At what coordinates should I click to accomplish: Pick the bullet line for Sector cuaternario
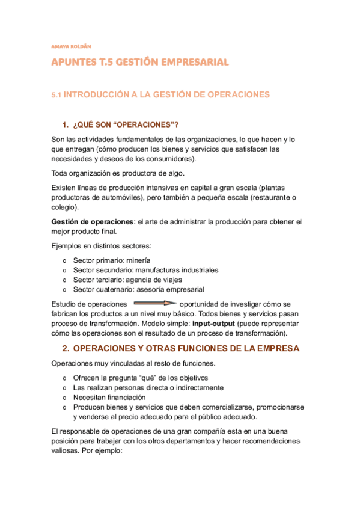[138, 289]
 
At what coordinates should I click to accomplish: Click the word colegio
[64, 207]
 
